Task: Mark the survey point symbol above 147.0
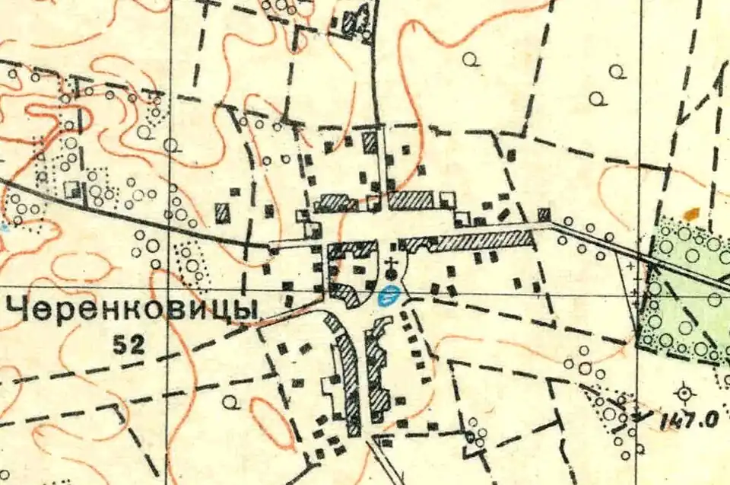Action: click(685, 393)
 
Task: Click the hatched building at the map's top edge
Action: click(352, 21)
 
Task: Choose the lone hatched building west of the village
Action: click(223, 212)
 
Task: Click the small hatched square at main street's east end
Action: click(544, 214)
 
